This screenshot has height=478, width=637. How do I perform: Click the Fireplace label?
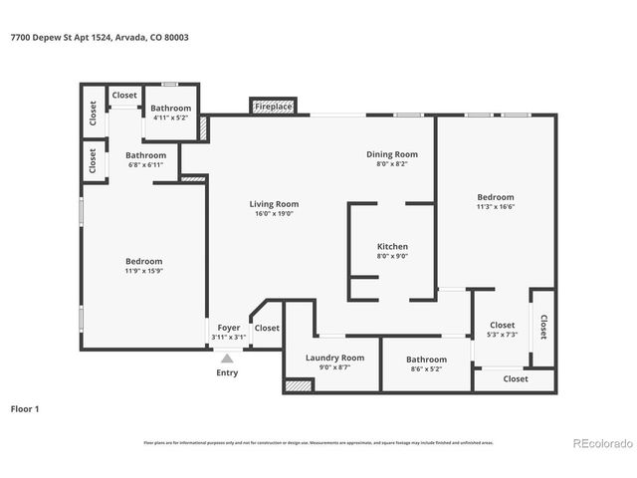[273, 106]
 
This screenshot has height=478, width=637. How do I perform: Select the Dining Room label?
[391, 154]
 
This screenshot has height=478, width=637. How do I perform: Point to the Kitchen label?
[391, 246]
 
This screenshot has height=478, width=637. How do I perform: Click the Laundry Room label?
[334, 358]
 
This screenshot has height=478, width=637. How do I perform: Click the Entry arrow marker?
[227, 358]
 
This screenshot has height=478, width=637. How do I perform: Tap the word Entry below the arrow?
[227, 372]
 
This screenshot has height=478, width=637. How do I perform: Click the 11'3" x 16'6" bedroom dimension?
[495, 207]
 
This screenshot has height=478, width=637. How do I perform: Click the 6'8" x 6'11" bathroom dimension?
[145, 165]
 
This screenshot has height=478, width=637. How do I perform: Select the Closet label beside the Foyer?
[267, 328]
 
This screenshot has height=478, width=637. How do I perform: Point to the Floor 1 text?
[29, 408]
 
